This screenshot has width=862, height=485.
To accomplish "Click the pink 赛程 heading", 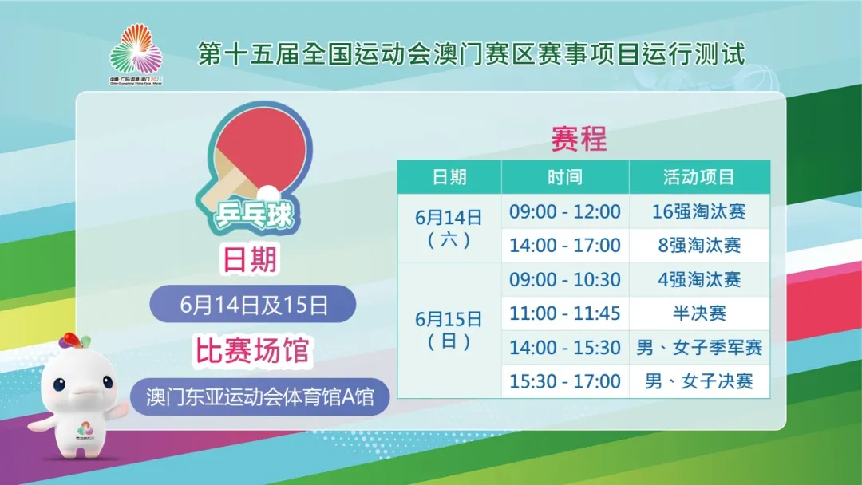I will pos(579,138).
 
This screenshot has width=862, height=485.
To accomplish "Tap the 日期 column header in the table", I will pos(449,177).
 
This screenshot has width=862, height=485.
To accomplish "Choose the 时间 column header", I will pos(565,177).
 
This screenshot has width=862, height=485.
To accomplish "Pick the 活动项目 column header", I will pos(699,177).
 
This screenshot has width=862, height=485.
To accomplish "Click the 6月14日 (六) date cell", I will pos(449,228).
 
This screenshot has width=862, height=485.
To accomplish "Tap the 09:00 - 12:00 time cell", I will pos(565,211).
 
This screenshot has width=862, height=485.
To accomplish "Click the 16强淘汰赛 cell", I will pos(699,211).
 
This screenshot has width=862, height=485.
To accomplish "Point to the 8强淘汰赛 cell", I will pos(699,245).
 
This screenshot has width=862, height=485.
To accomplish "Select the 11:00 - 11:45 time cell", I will pos(565,313).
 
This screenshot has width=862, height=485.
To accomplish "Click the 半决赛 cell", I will pos(699,313).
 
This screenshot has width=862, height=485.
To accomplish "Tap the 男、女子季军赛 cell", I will pos(699,348).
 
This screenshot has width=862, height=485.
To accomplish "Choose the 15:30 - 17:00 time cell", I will pos(565,381).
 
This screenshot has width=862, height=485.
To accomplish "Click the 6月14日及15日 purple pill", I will pos(253,304).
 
